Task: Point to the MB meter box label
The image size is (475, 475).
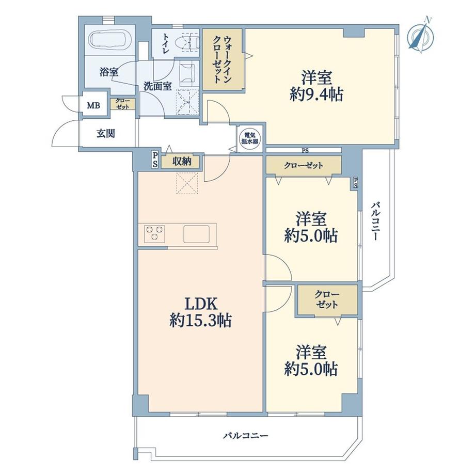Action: tap(93, 106)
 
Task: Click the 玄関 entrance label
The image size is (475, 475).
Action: tap(106, 133)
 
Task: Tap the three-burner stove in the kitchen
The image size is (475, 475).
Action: tap(154, 234)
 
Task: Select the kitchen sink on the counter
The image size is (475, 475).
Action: tap(196, 234)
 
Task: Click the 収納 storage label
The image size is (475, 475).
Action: tap(182, 162)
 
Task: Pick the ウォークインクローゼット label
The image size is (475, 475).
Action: tap(223, 59)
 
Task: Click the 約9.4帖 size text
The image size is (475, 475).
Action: tap(316, 94)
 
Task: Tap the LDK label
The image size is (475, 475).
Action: tap(201, 304)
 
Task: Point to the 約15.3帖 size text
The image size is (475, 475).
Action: tap(201, 321)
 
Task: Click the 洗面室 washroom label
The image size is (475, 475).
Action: tap(157, 86)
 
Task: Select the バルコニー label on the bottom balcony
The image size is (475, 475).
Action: tap(246, 436)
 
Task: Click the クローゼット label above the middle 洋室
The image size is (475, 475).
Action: tap(303, 165)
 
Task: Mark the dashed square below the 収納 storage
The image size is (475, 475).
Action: tap(187, 183)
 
